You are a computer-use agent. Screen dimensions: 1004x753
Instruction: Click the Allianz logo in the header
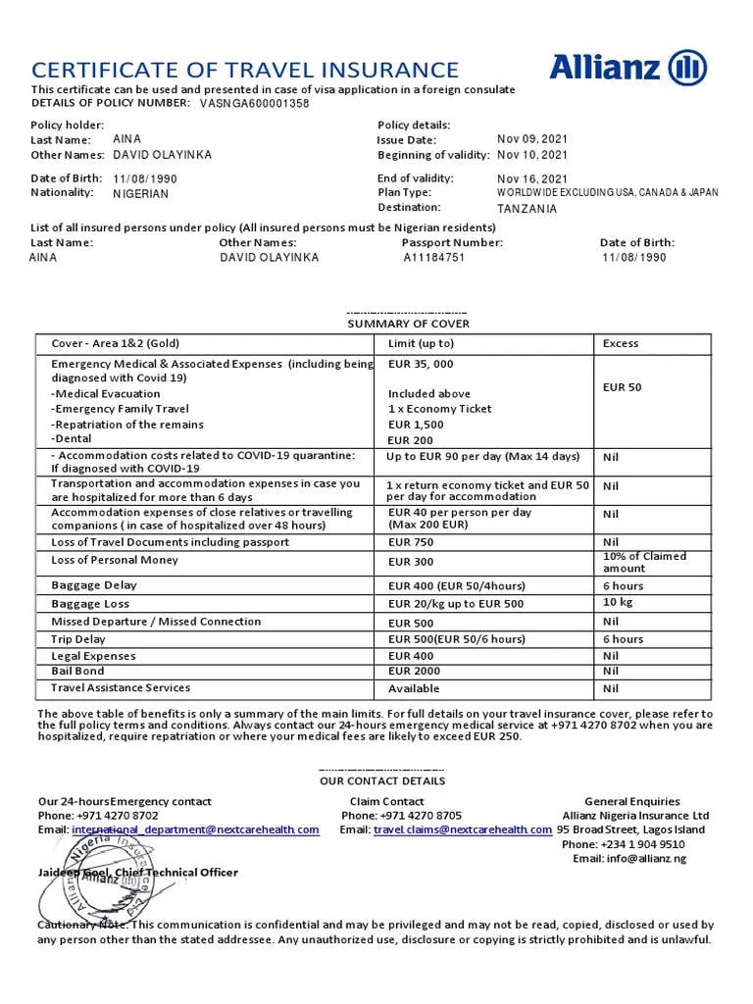click(x=627, y=68)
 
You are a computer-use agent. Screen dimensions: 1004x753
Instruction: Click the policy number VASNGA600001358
click(x=254, y=103)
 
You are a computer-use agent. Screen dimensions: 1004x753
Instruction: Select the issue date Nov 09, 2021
click(x=531, y=139)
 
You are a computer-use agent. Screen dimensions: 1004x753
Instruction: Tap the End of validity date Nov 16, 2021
click(x=531, y=178)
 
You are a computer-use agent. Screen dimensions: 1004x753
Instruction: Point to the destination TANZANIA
click(x=527, y=209)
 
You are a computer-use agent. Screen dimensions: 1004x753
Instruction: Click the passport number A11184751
click(x=434, y=258)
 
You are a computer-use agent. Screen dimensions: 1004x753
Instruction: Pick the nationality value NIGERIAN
click(x=140, y=194)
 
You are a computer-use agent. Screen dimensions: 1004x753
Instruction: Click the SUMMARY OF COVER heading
click(x=408, y=324)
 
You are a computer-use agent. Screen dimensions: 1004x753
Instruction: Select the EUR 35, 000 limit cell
click(x=421, y=364)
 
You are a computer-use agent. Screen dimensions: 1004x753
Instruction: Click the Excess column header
click(x=620, y=343)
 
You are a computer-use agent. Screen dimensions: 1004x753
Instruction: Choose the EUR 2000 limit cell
click(x=414, y=672)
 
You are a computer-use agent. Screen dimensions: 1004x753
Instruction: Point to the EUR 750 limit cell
click(x=411, y=542)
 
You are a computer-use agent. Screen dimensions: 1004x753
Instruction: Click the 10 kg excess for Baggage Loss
click(x=618, y=603)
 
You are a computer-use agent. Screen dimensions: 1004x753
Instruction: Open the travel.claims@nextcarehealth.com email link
click(x=462, y=829)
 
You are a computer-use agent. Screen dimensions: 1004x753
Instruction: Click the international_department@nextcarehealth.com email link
click(x=195, y=829)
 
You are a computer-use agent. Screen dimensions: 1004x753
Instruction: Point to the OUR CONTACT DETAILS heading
click(x=382, y=781)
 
